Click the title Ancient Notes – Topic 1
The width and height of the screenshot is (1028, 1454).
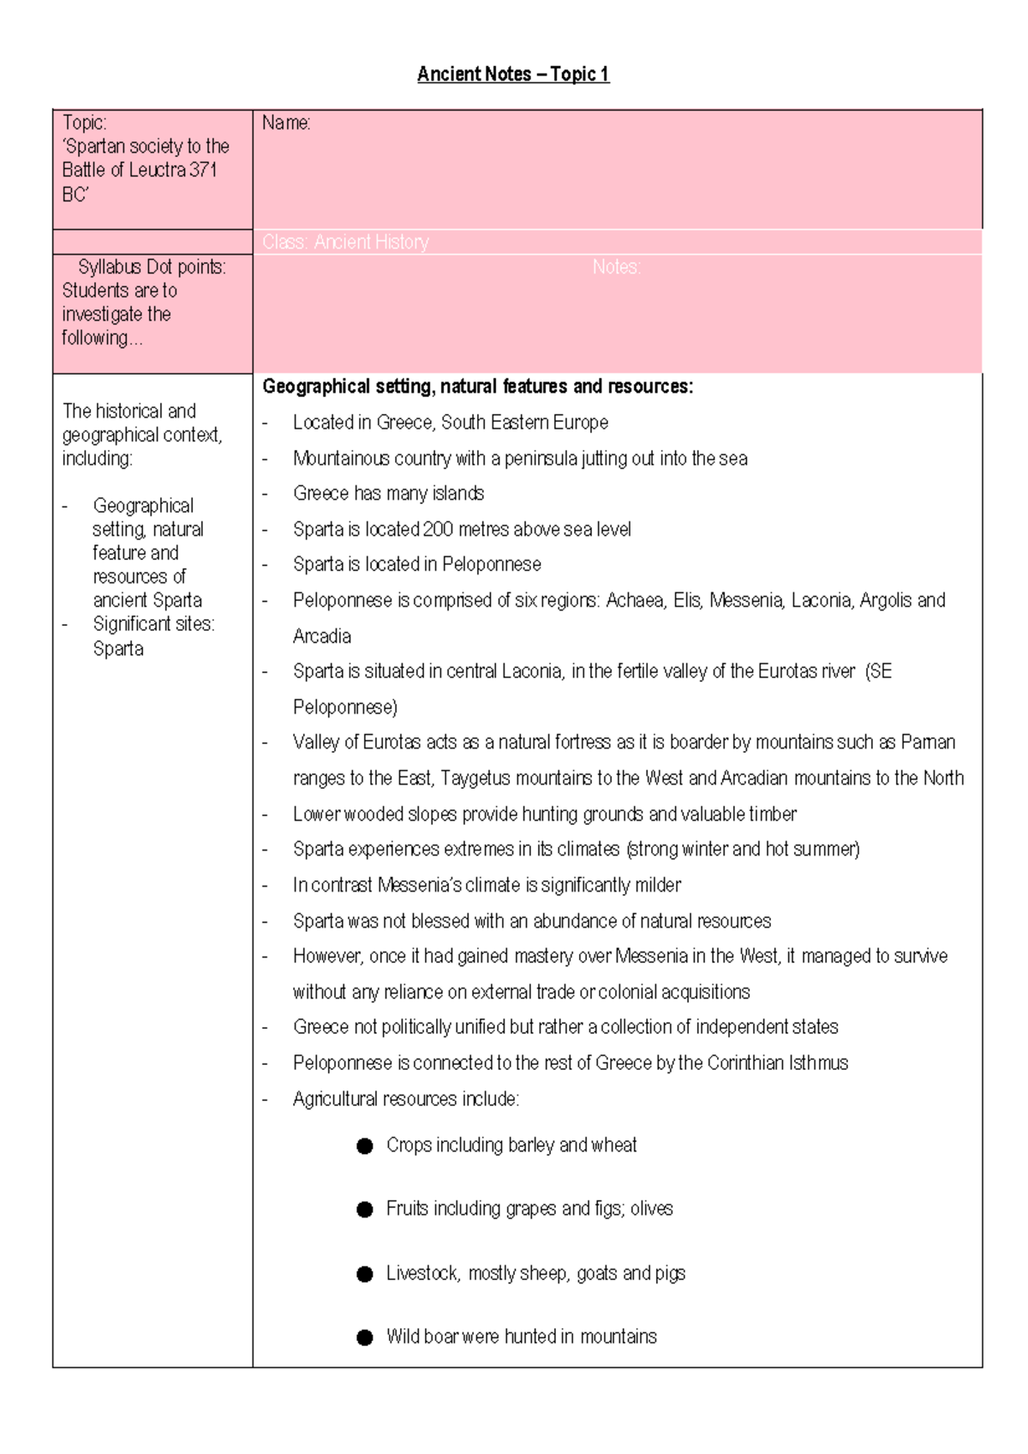513,75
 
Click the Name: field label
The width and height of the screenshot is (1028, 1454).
286,123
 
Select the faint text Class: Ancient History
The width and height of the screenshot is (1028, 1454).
345,243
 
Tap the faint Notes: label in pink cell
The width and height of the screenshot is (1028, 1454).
616,267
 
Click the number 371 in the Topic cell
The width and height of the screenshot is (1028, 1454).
204,171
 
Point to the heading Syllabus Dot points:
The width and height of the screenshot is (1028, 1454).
152,267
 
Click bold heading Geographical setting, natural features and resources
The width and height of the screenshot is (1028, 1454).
477,387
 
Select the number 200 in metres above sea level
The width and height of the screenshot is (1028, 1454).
438,530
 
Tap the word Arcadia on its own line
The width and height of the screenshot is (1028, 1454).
322,637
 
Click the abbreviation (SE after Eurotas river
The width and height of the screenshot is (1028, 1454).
879,672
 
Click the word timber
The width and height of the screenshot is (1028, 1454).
772,814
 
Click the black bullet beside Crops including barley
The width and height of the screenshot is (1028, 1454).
365,1146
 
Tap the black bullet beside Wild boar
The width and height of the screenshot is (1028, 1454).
365,1337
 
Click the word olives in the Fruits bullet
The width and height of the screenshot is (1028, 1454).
651,1209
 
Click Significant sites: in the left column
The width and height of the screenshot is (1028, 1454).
153,625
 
